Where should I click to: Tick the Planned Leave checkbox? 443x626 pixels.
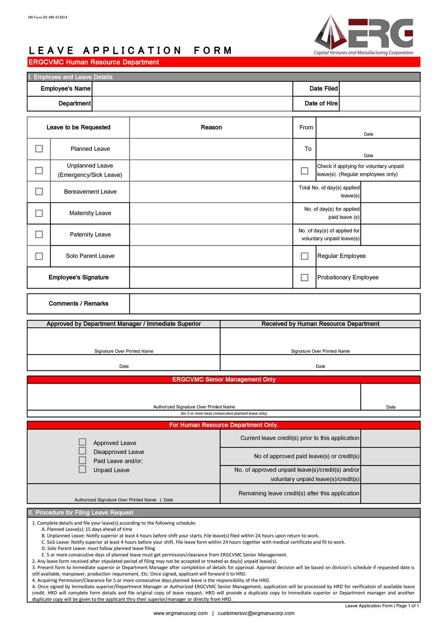[x=39, y=148]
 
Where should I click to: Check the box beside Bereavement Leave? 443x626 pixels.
[x=39, y=192]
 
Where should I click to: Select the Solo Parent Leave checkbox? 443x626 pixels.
[x=39, y=256]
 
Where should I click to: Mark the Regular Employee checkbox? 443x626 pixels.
[x=304, y=256]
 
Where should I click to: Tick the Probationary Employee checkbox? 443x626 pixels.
[x=304, y=277]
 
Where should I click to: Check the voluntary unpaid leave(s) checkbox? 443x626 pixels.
[x=304, y=171]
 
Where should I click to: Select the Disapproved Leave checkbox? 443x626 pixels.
[x=82, y=451]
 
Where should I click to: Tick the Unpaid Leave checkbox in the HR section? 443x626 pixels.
[x=82, y=469]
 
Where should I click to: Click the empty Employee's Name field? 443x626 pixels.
[x=192, y=89]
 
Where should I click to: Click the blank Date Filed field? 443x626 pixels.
[x=380, y=89]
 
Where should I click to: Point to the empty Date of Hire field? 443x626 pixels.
[x=380, y=104]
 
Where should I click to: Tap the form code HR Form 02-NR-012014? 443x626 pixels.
[x=48, y=17]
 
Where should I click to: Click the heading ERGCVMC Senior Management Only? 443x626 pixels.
[x=224, y=379]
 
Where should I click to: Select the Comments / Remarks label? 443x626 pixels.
[x=78, y=303]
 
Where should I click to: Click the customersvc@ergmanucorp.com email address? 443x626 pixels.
[x=256, y=613]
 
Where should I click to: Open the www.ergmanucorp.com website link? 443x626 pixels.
[x=180, y=613]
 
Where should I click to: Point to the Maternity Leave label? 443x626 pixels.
[x=90, y=213]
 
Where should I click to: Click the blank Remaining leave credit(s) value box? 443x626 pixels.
[x=390, y=493]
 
